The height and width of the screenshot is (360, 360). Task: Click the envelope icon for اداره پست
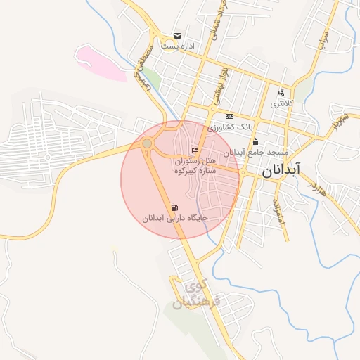[x=177, y=36]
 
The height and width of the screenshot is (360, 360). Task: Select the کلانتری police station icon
[x=281, y=93]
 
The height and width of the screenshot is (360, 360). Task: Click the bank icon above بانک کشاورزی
[x=229, y=116]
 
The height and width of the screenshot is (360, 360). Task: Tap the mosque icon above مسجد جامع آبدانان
[x=255, y=142]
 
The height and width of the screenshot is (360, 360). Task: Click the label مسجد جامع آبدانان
[x=257, y=152]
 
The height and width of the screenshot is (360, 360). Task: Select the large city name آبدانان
[x=290, y=170]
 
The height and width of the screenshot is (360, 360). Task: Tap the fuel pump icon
[x=174, y=207]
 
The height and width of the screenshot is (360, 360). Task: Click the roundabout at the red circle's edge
[x=147, y=143]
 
